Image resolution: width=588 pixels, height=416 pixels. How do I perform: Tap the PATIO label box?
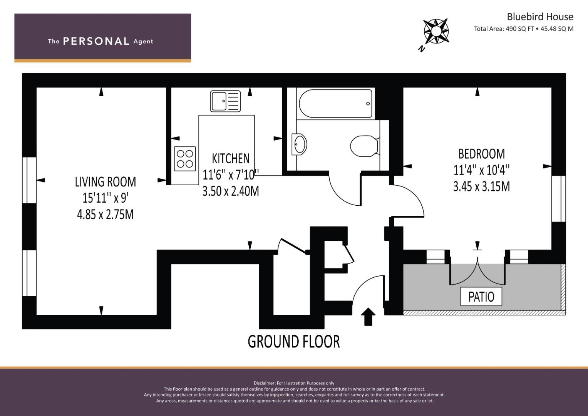(x=481, y=297)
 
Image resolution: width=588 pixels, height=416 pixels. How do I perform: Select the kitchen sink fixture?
(x=225, y=101)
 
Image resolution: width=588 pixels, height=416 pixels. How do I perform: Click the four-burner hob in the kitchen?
(x=185, y=159)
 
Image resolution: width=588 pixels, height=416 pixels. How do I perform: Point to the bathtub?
(x=335, y=104)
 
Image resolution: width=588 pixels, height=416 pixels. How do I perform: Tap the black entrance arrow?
(x=368, y=317)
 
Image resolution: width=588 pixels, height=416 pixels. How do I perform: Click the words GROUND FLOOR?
(x=293, y=342)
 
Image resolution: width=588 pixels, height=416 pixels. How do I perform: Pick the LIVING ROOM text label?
(x=105, y=181)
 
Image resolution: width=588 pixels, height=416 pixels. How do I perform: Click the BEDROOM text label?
(x=481, y=154)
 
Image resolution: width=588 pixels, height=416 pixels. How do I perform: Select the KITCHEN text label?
(x=231, y=158)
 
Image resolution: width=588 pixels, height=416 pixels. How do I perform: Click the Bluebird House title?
(x=540, y=17)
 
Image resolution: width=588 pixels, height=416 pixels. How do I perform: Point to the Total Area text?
(x=523, y=29)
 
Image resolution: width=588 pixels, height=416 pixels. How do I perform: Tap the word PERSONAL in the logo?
(x=96, y=41)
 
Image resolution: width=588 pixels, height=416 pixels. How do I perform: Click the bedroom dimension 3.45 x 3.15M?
(x=481, y=187)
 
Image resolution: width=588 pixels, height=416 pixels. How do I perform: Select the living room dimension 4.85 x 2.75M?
(x=105, y=215)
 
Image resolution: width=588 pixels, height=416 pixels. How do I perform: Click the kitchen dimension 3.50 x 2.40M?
(x=231, y=191)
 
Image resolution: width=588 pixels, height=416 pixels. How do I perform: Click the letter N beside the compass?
(x=422, y=49)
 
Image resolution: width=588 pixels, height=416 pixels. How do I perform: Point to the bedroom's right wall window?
(x=558, y=199)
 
